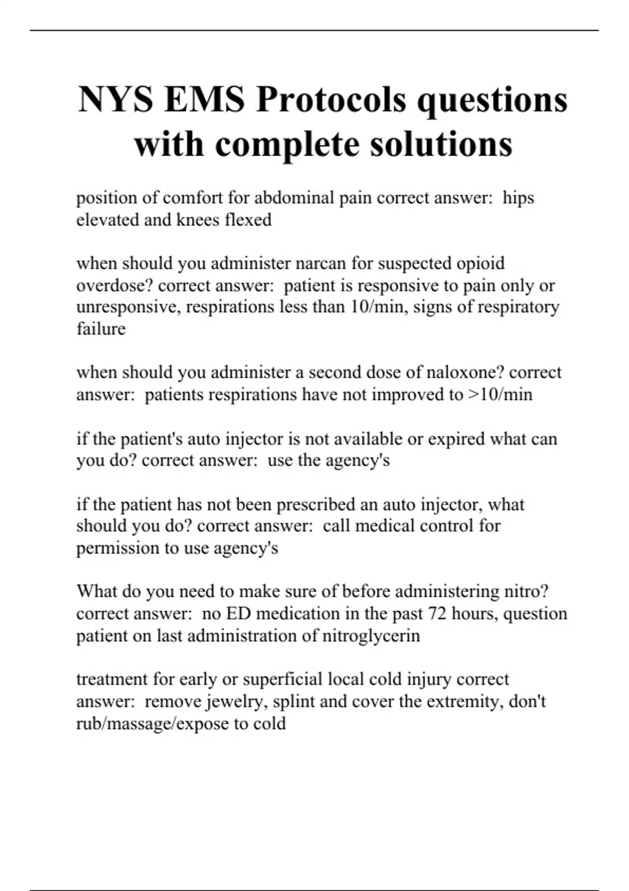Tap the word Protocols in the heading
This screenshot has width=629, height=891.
pyautogui.click(x=331, y=100)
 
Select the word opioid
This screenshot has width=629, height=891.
pyautogui.click(x=478, y=263)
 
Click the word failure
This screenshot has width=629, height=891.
pyautogui.click(x=101, y=329)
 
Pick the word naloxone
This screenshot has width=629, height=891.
pyautogui.click(x=459, y=373)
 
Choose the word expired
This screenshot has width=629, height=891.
pyautogui.click(x=456, y=439)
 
